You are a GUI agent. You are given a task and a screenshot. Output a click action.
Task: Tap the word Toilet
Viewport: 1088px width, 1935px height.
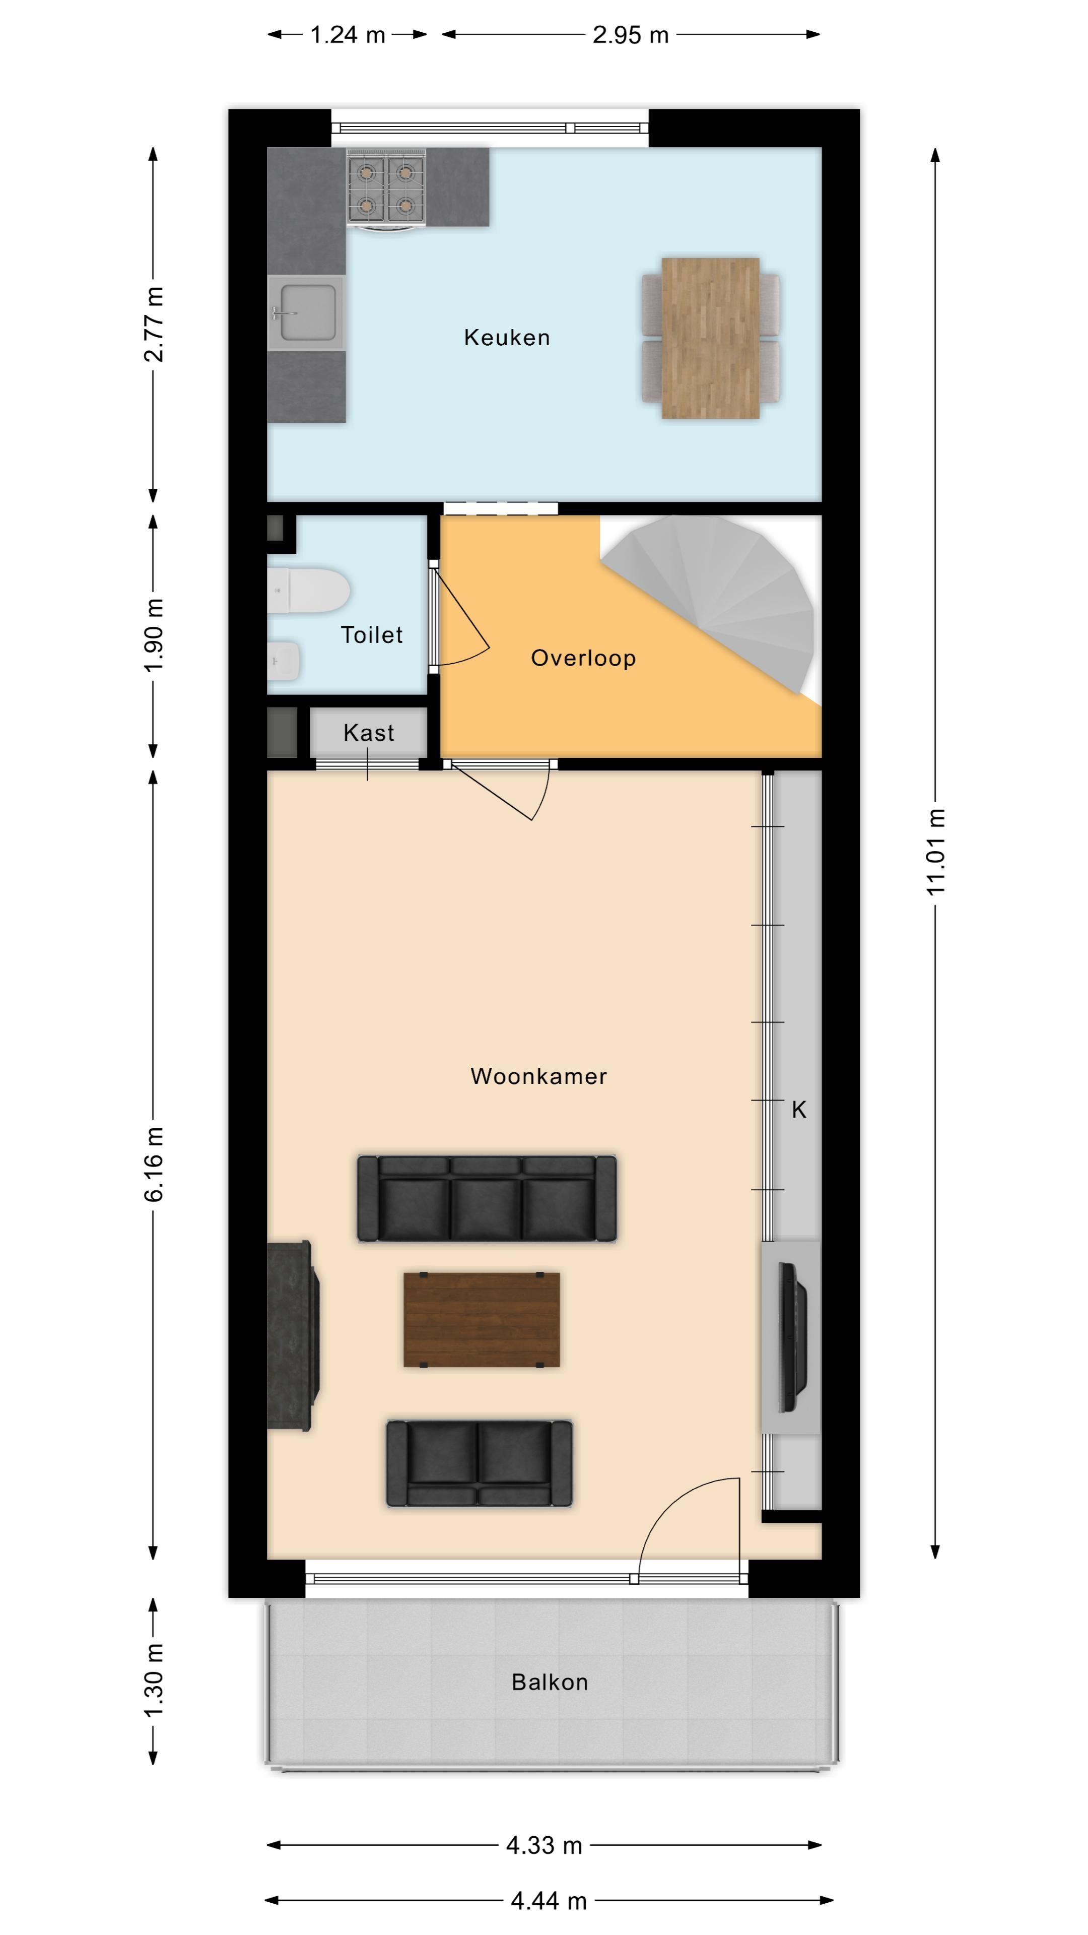(x=372, y=635)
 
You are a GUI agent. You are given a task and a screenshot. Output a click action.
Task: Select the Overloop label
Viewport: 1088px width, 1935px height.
(x=583, y=658)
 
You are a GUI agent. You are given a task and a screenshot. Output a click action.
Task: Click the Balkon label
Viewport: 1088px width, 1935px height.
(x=550, y=1682)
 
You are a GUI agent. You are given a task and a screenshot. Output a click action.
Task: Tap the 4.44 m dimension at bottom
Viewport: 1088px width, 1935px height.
(x=549, y=1901)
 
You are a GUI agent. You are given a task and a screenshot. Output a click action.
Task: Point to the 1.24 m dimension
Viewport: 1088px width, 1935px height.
(x=348, y=35)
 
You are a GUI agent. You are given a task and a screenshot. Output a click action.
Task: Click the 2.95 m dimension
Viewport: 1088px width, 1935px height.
(x=631, y=35)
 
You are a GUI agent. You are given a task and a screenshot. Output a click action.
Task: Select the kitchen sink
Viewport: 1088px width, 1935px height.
(x=306, y=312)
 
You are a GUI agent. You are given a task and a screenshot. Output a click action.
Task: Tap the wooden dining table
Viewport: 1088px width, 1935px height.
(x=710, y=338)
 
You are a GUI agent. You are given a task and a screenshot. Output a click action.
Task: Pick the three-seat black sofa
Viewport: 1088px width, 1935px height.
(x=487, y=1198)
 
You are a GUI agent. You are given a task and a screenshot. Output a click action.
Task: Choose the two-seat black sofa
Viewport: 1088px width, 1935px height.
(x=479, y=1463)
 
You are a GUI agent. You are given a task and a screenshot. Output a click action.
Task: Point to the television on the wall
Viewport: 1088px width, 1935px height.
(x=792, y=1338)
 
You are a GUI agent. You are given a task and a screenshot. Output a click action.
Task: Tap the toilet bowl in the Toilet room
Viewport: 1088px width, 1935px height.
(x=309, y=591)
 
